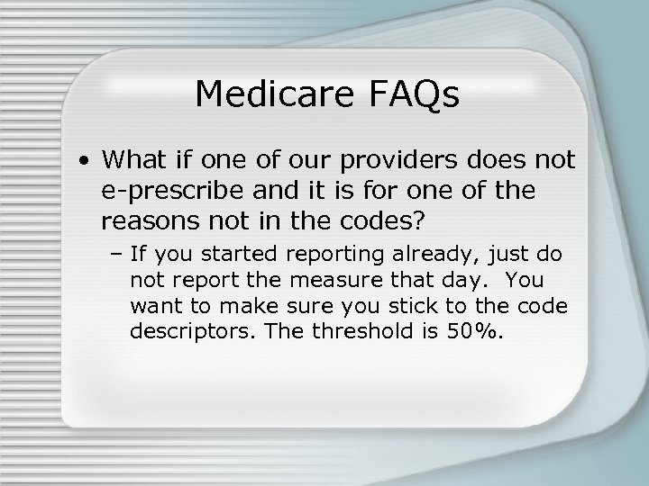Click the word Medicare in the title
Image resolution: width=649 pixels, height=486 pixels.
(x=268, y=93)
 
